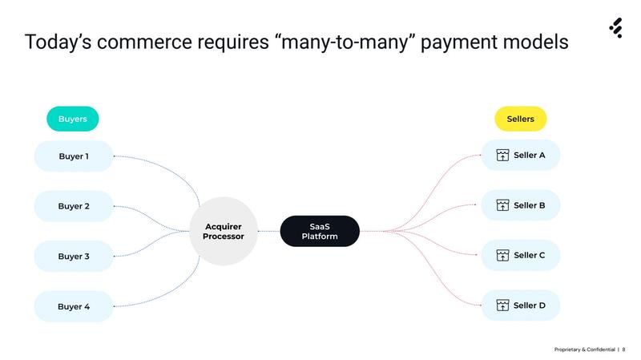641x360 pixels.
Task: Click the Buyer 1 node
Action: click(74, 156)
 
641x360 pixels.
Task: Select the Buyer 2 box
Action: click(74, 206)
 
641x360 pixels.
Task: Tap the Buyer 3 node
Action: click(74, 257)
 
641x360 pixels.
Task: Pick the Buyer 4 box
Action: click(74, 306)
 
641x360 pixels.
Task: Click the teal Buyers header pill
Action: click(73, 119)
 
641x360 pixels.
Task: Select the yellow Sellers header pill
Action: click(520, 119)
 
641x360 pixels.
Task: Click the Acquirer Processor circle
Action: click(224, 232)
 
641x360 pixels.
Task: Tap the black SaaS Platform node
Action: click(320, 232)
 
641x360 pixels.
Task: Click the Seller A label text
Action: click(530, 156)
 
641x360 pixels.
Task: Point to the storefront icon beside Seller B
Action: click(502, 206)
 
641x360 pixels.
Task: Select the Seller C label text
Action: click(530, 256)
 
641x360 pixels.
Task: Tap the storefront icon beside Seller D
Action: click(502, 305)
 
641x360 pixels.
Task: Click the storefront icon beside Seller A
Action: click(502, 156)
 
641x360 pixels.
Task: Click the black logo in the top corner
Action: click(615, 29)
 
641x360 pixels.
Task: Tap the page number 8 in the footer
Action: click(624, 350)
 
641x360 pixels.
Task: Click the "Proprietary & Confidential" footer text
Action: click(585, 350)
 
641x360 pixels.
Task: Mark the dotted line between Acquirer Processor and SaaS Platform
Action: click(268, 232)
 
